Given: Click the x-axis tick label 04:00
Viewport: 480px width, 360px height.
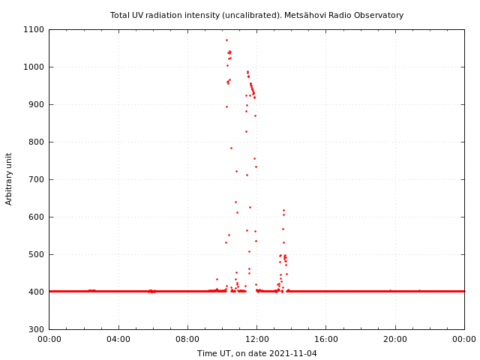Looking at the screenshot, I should click(x=118, y=340).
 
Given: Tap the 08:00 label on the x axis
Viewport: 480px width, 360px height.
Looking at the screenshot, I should click(x=187, y=340).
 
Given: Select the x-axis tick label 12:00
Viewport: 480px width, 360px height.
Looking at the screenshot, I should click(x=256, y=340).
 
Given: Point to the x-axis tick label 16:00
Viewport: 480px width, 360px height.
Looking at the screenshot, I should click(x=325, y=340).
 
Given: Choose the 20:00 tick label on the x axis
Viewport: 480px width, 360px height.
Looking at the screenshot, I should click(x=395, y=340).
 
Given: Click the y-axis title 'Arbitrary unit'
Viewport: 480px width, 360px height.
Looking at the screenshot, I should click(x=10, y=178).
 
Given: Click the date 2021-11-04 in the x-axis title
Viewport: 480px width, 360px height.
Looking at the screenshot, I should click(x=294, y=353).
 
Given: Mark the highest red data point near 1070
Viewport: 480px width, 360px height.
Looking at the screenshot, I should click(x=226, y=40).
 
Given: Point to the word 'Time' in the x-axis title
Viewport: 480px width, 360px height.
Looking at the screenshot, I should click(x=206, y=353).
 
